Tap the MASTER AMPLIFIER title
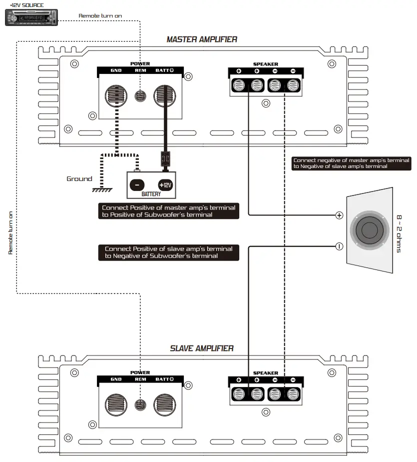point(202,39)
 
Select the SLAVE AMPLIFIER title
point(202,348)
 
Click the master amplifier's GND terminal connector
point(116,94)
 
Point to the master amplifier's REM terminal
point(141,94)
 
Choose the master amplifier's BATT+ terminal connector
point(165,94)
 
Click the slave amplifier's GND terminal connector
point(116,404)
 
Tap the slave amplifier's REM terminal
point(141,404)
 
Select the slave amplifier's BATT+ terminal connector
point(165,404)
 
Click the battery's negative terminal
point(136,184)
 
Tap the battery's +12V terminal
point(165,184)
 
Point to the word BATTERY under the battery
point(151,194)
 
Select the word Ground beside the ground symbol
point(79,178)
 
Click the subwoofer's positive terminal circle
point(339,215)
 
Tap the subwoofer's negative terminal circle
point(339,245)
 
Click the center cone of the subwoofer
point(369,230)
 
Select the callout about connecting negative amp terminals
point(351,163)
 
